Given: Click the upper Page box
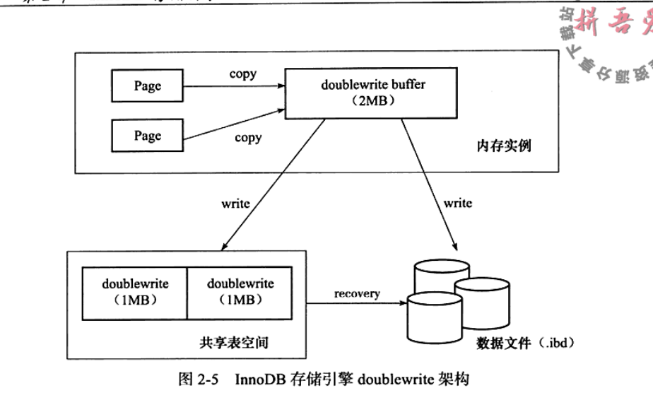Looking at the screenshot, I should [148, 86].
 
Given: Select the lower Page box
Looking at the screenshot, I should [148, 135].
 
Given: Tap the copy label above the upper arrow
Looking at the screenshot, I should [243, 74].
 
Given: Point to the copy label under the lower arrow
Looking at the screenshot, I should [248, 138].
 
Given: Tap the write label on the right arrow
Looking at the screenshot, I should [458, 204].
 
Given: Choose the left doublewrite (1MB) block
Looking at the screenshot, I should [135, 292].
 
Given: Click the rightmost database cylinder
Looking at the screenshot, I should [482, 300].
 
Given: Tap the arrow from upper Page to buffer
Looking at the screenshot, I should [232, 86].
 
